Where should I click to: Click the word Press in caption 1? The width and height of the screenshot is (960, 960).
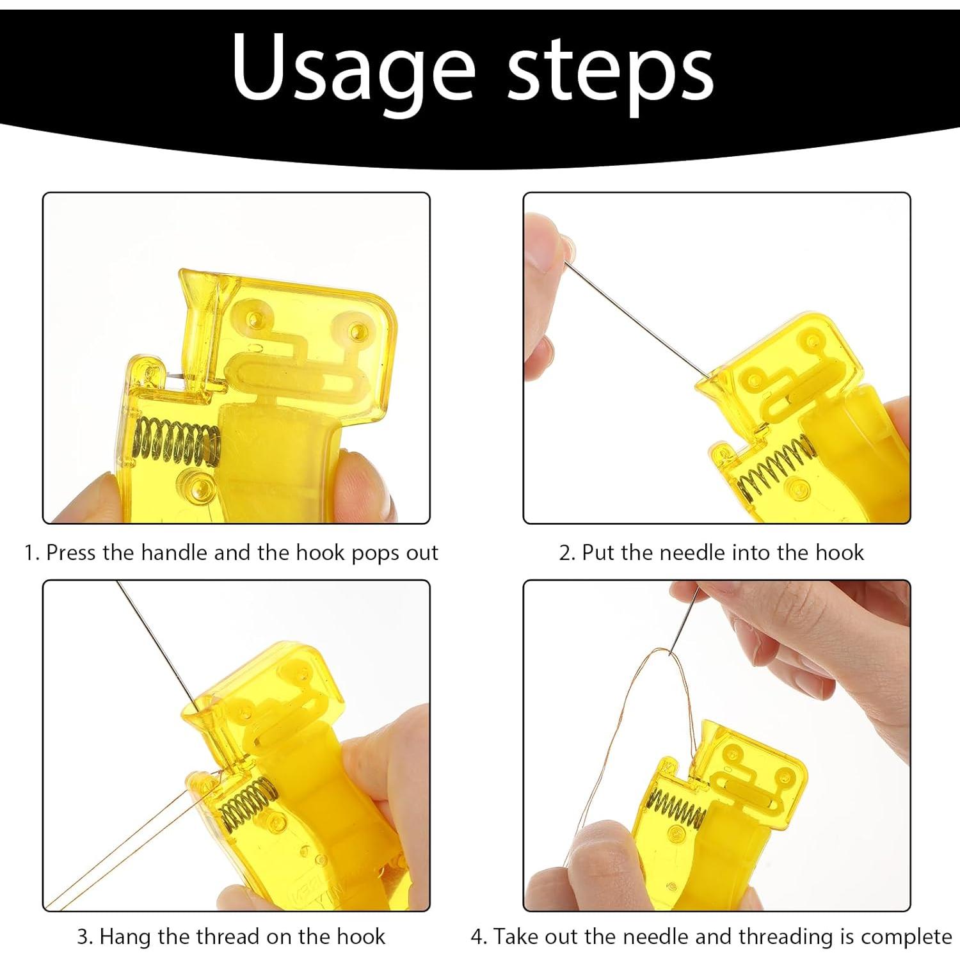[71, 552]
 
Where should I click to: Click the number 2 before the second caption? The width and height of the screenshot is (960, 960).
[566, 553]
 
